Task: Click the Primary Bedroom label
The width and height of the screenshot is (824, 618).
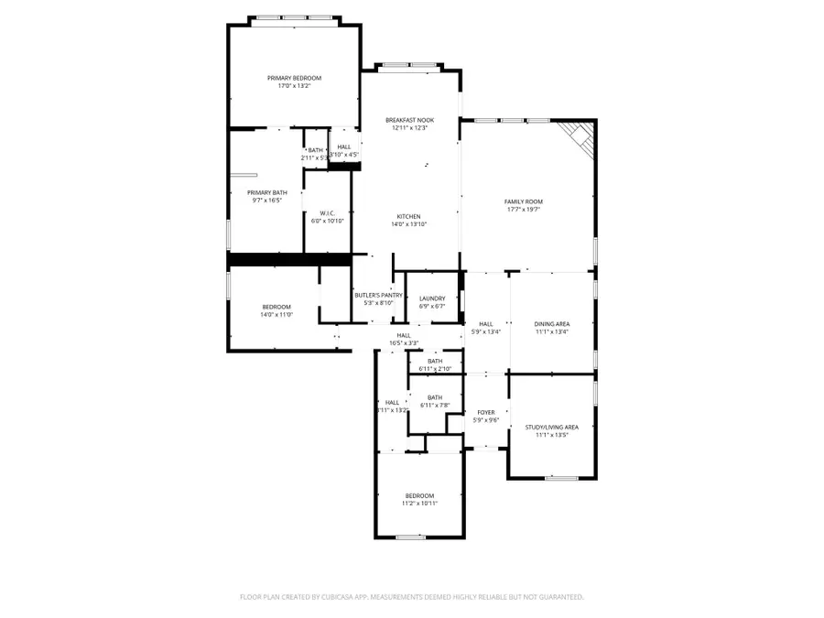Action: [x=294, y=79]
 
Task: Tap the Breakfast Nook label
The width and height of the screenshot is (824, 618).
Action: [x=409, y=120]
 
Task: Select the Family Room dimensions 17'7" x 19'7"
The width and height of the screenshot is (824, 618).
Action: [x=523, y=209]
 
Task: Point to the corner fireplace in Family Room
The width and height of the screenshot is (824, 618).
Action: [x=579, y=136]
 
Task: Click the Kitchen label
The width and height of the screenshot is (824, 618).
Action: [x=408, y=216]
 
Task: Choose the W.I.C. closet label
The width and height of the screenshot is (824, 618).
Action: [x=327, y=213]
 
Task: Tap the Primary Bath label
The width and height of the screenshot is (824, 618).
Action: [x=266, y=192]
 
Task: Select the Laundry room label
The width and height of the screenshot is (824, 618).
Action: [x=432, y=298]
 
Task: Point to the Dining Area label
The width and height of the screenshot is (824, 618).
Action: [x=552, y=323]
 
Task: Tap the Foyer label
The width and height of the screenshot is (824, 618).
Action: [x=485, y=413]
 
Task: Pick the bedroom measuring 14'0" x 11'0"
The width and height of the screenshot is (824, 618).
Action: [x=276, y=307]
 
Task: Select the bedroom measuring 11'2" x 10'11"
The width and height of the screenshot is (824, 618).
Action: [x=420, y=495]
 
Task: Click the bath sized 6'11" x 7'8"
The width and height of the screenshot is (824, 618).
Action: [x=434, y=397]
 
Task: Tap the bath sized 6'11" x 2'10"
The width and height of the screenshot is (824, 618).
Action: [x=434, y=361]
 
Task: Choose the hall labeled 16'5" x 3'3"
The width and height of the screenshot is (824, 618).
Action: [x=403, y=336]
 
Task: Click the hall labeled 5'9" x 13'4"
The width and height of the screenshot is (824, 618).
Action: [x=485, y=323]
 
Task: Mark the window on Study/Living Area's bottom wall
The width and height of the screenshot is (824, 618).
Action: [x=561, y=478]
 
